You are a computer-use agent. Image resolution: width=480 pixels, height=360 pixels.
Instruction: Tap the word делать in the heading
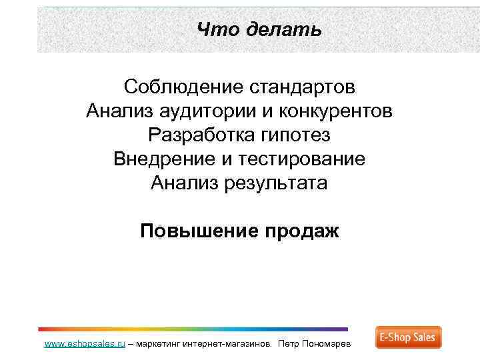pyautogui.click(x=283, y=30)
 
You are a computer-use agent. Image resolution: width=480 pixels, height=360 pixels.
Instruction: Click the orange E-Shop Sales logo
pyautogui.click(x=408, y=338)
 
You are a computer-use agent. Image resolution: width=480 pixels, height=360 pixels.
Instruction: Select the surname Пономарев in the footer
pyautogui.click(x=333, y=345)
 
